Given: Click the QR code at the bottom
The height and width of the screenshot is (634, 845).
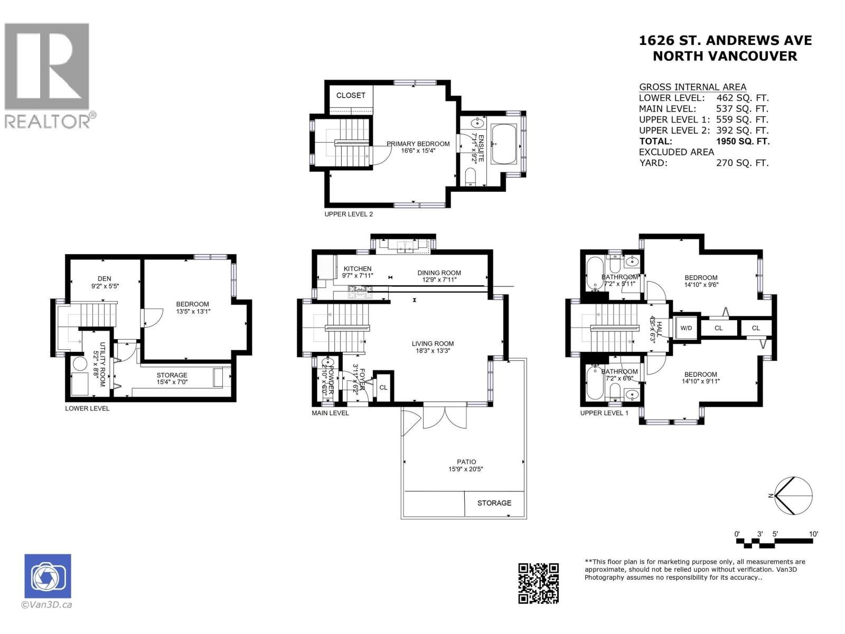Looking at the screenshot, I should (538, 583).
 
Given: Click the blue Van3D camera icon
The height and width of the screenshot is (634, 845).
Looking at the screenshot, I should (48, 576).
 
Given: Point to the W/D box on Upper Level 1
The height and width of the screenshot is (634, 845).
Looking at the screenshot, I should (686, 328).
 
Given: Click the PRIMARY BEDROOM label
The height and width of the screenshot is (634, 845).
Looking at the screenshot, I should (418, 144).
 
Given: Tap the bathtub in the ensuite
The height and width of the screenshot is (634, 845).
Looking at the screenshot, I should (504, 144).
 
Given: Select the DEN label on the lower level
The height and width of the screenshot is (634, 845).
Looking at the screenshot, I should (104, 278).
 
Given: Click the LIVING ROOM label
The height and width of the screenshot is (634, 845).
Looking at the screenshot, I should (433, 343).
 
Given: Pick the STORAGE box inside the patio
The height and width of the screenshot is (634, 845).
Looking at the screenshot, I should (495, 503).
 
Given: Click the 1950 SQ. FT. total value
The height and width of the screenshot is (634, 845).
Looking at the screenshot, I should (743, 141).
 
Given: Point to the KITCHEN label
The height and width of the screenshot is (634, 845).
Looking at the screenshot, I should (358, 268).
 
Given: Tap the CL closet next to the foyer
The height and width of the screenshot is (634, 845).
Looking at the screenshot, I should (383, 387).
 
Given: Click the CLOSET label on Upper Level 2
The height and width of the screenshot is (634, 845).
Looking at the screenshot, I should (351, 96).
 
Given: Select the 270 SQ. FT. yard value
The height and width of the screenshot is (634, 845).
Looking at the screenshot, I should (742, 163).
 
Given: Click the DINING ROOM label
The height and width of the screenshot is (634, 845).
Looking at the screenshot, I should (439, 273).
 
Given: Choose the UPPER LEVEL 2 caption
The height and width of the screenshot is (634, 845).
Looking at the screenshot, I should (349, 214).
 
